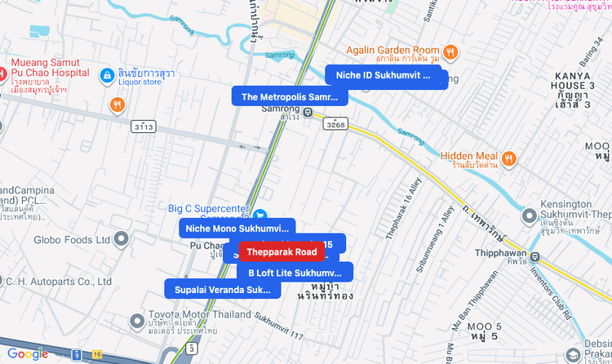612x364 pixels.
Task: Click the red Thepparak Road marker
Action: tap(282, 252)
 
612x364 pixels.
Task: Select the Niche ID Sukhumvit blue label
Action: tap(383, 75)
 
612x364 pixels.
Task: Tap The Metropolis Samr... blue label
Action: tap(290, 96)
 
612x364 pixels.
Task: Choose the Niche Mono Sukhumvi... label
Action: tap(237, 229)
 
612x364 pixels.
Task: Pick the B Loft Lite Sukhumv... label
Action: tap(295, 273)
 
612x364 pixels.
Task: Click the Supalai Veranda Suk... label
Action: tap(222, 289)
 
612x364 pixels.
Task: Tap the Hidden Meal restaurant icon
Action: tap(508, 158)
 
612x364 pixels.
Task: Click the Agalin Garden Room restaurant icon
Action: tap(450, 52)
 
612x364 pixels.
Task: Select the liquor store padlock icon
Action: tap(106, 76)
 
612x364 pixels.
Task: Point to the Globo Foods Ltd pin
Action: tap(122, 240)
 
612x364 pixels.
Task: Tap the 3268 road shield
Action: tap(335, 124)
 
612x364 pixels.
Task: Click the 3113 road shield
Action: tap(143, 127)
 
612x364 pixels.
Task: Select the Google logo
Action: tap(27, 353)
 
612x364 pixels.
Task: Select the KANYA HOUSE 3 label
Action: tap(572, 85)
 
